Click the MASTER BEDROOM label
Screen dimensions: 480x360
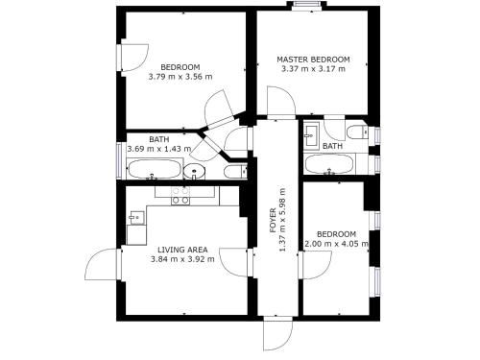click(x=313, y=60)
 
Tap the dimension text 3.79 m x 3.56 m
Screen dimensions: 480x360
click(x=180, y=77)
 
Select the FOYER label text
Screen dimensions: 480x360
click(x=273, y=220)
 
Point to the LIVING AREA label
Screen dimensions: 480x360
click(x=182, y=250)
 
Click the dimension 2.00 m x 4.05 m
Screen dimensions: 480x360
click(x=336, y=244)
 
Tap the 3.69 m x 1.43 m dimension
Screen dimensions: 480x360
click(x=159, y=149)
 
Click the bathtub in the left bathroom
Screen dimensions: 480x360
click(x=155, y=169)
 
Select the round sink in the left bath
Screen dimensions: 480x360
click(x=194, y=171)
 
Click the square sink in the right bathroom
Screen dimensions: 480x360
click(x=311, y=136)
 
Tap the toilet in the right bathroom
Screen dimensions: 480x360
click(x=357, y=132)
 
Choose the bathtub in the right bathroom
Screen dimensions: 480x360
click(x=329, y=164)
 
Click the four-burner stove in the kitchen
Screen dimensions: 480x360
click(x=180, y=196)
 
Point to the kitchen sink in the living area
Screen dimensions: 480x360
click(x=136, y=218)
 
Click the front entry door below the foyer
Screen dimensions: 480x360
click(x=277, y=334)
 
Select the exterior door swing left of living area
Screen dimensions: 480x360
click(x=103, y=265)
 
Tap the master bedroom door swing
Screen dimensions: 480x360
click(x=280, y=101)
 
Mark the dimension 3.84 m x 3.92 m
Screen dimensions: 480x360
click(x=182, y=259)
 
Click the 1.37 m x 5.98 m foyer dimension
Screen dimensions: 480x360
click(x=282, y=220)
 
